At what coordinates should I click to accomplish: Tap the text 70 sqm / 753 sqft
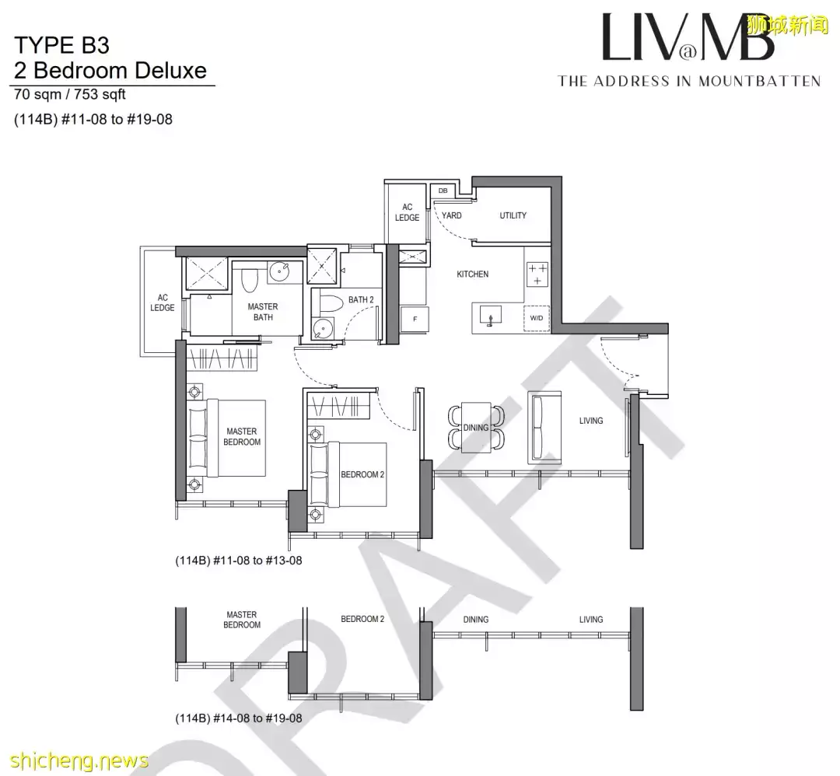point(70,96)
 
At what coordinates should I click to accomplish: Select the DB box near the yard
point(443,190)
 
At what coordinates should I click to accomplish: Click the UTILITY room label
point(513,215)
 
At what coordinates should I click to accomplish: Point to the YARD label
point(452,215)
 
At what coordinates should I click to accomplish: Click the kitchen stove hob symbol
point(537,274)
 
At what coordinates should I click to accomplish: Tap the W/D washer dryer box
point(537,318)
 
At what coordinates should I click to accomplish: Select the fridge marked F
point(415,319)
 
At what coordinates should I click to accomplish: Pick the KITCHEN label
point(472,274)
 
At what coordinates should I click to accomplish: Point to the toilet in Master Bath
point(250,279)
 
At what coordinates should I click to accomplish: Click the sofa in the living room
point(544,428)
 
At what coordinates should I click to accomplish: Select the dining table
point(476,427)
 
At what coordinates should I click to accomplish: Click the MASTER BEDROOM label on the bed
point(242,437)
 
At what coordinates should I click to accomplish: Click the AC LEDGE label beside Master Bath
point(163,302)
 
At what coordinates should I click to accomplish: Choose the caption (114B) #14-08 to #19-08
point(239,718)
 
